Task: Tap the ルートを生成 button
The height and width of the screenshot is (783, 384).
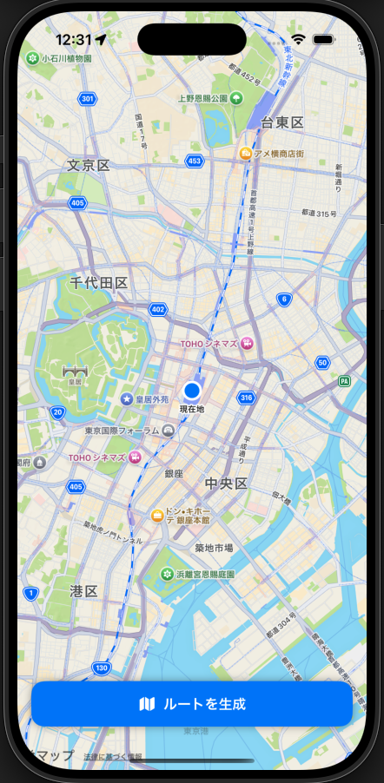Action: coord(192,704)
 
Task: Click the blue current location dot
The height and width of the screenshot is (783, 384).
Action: coord(192,391)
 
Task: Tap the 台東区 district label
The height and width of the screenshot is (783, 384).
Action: coord(282,122)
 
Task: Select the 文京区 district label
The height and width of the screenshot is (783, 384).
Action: coord(89,165)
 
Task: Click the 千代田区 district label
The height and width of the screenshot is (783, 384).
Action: coord(99,283)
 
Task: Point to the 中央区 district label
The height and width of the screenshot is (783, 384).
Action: coord(227,483)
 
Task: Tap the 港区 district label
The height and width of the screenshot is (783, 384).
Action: coord(83,590)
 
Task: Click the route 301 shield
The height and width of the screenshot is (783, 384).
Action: coord(87,99)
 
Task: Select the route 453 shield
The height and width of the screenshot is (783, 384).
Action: coord(195,161)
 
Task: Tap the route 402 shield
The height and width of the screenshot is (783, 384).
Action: coord(157,309)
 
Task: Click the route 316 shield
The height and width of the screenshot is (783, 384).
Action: coord(247,398)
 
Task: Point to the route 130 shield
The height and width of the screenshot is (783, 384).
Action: coord(102,668)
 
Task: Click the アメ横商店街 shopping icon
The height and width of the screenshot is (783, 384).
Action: coord(246,154)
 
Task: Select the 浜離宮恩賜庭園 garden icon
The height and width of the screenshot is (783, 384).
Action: coord(168,574)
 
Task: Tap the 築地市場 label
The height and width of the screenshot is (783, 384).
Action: coord(214,548)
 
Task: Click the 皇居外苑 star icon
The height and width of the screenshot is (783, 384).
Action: coord(127,398)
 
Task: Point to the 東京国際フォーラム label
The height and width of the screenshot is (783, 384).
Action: coord(122,431)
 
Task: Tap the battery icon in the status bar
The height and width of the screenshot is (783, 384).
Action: coord(324,39)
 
